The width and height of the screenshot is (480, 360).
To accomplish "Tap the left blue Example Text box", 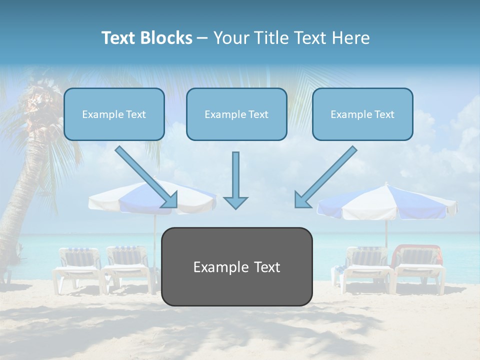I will click(114, 114).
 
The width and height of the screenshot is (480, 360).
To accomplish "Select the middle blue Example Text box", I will click(236, 114).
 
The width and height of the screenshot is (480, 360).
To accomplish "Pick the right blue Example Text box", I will click(362, 114).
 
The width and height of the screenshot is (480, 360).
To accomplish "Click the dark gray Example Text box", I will click(236, 266).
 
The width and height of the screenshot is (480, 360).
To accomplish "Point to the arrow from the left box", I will click(146, 177).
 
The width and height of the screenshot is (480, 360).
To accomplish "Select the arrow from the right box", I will click(326, 177).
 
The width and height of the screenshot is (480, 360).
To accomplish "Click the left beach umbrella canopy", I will click(125, 197).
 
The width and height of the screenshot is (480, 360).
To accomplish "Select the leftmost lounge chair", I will click(77, 267).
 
